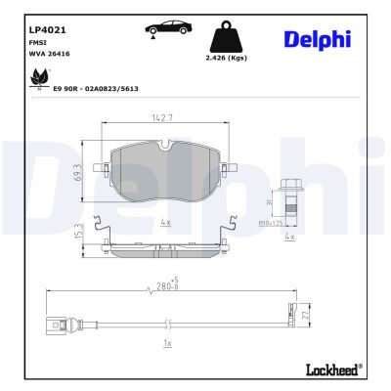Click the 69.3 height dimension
point(103,171)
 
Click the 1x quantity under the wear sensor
point(168,344)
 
